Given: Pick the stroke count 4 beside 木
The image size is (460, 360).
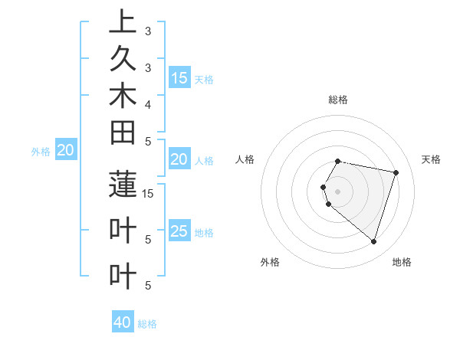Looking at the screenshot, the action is pos(148,103).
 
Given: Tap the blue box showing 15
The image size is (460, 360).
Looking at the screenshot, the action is pos(179,77).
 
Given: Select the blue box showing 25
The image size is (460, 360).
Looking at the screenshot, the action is pos(179,231).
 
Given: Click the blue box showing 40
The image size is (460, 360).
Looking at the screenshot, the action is pos(123,322).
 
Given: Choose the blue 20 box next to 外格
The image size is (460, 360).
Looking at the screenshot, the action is pos(66,150).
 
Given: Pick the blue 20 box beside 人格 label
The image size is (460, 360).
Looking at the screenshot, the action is pos(179,159).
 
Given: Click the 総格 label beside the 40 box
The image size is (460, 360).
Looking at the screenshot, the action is pos(147,324).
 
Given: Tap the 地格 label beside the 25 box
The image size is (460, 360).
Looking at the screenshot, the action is pos(204,232).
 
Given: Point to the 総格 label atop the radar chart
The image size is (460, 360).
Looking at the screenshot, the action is pos(338,100).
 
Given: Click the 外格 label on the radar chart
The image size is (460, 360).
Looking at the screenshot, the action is pos(270,262).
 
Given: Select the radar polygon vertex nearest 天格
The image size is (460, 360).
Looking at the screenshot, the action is pos(396,172).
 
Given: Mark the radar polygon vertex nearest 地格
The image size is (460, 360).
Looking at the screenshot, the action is pos(373,242).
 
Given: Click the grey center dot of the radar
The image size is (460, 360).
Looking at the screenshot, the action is pos(338,191).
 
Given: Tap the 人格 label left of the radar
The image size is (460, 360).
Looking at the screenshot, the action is pos(245,159).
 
